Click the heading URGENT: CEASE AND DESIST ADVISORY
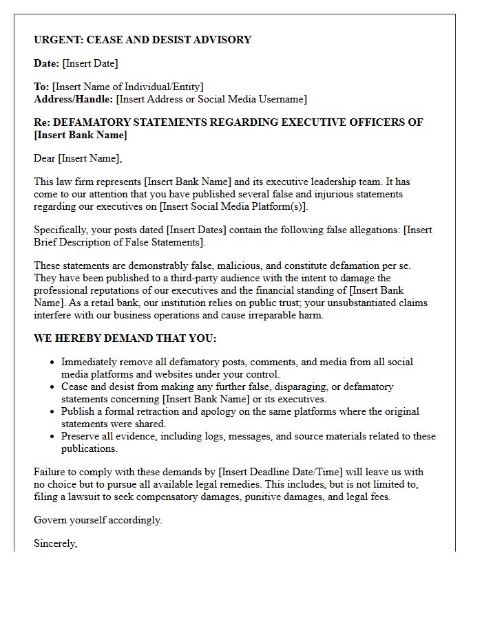click(x=143, y=40)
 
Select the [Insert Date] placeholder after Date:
click(x=90, y=63)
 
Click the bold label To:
click(x=41, y=87)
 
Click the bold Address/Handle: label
click(x=74, y=99)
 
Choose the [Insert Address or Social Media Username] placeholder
click(x=211, y=99)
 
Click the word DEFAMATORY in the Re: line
click(x=94, y=122)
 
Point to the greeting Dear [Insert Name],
click(x=78, y=158)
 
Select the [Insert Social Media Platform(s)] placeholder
click(x=233, y=206)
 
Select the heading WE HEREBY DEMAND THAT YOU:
click(x=125, y=338)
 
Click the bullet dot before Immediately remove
click(x=53, y=362)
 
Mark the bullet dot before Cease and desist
click(x=53, y=387)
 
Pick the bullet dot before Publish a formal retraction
click(x=53, y=412)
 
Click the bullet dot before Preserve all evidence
click(x=53, y=437)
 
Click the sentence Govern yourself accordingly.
click(x=98, y=520)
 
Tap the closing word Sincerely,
click(x=56, y=543)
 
